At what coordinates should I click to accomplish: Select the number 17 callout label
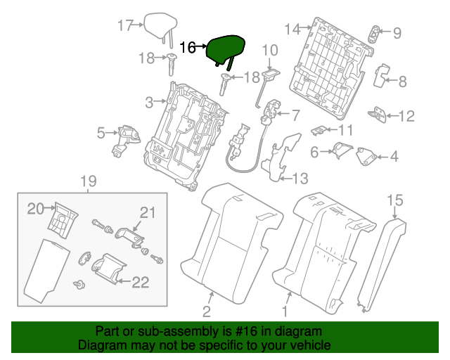pos(125,26)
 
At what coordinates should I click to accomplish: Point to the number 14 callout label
pos(292,29)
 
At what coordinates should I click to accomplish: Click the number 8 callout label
pos(402,82)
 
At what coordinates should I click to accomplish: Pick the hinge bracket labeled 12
pos(380,115)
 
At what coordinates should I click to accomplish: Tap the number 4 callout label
pos(394,156)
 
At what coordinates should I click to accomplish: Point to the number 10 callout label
pos(270,50)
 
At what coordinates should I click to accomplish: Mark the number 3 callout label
pos(148,103)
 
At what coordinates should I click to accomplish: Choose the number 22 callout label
pos(141,283)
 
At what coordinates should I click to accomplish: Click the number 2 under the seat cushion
pos(207,311)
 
